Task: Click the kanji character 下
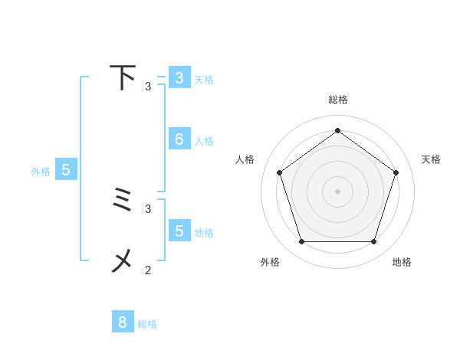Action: click(x=123, y=78)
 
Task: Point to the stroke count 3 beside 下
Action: click(x=148, y=86)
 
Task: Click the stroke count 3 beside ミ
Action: click(x=148, y=208)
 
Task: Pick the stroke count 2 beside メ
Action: click(x=148, y=270)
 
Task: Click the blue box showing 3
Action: click(x=179, y=78)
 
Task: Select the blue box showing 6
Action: click(x=179, y=139)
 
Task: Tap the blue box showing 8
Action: click(x=123, y=322)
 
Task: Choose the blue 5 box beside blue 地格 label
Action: click(x=179, y=231)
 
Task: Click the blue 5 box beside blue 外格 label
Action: click(x=66, y=170)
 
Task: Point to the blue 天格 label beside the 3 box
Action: click(x=204, y=80)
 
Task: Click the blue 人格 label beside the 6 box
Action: click(x=204, y=141)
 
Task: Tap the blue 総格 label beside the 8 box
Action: click(x=147, y=324)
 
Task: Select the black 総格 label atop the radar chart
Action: click(x=338, y=100)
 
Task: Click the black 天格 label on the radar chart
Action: click(x=432, y=159)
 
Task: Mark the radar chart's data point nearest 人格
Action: click(x=279, y=172)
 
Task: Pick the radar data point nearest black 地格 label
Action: click(x=373, y=241)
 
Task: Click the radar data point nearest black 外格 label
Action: click(x=301, y=241)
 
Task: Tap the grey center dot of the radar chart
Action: click(x=337, y=191)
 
